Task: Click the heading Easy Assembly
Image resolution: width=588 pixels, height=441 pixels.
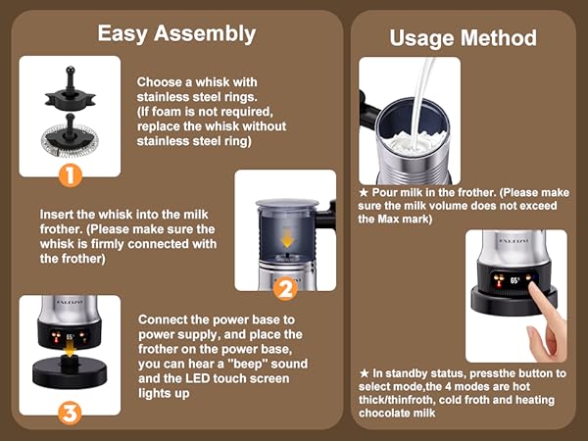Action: (x=176, y=33)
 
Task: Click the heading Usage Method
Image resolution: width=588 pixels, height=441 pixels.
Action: (x=463, y=38)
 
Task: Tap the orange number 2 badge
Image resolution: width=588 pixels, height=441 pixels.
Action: (x=284, y=289)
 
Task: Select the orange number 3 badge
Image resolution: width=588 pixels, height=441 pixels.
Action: (x=70, y=412)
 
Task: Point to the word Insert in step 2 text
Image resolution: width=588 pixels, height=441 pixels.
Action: (x=58, y=214)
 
